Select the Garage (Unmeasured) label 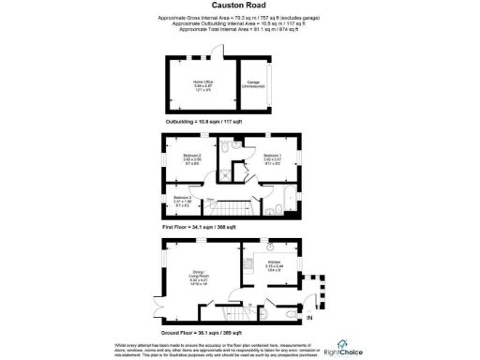coord(253,83)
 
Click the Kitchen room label coord(274,264)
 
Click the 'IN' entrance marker coord(309,319)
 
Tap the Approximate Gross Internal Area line coord(239,18)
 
